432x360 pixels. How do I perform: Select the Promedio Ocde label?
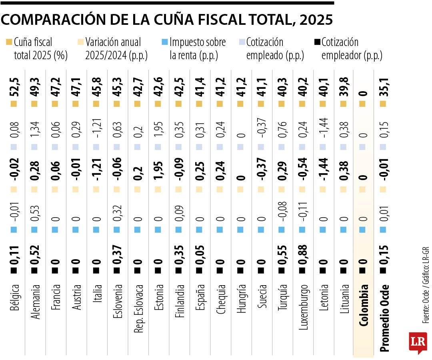[x=384, y=318]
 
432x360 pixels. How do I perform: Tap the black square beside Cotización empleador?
[x=318, y=42]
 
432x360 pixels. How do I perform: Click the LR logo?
[x=418, y=342]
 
